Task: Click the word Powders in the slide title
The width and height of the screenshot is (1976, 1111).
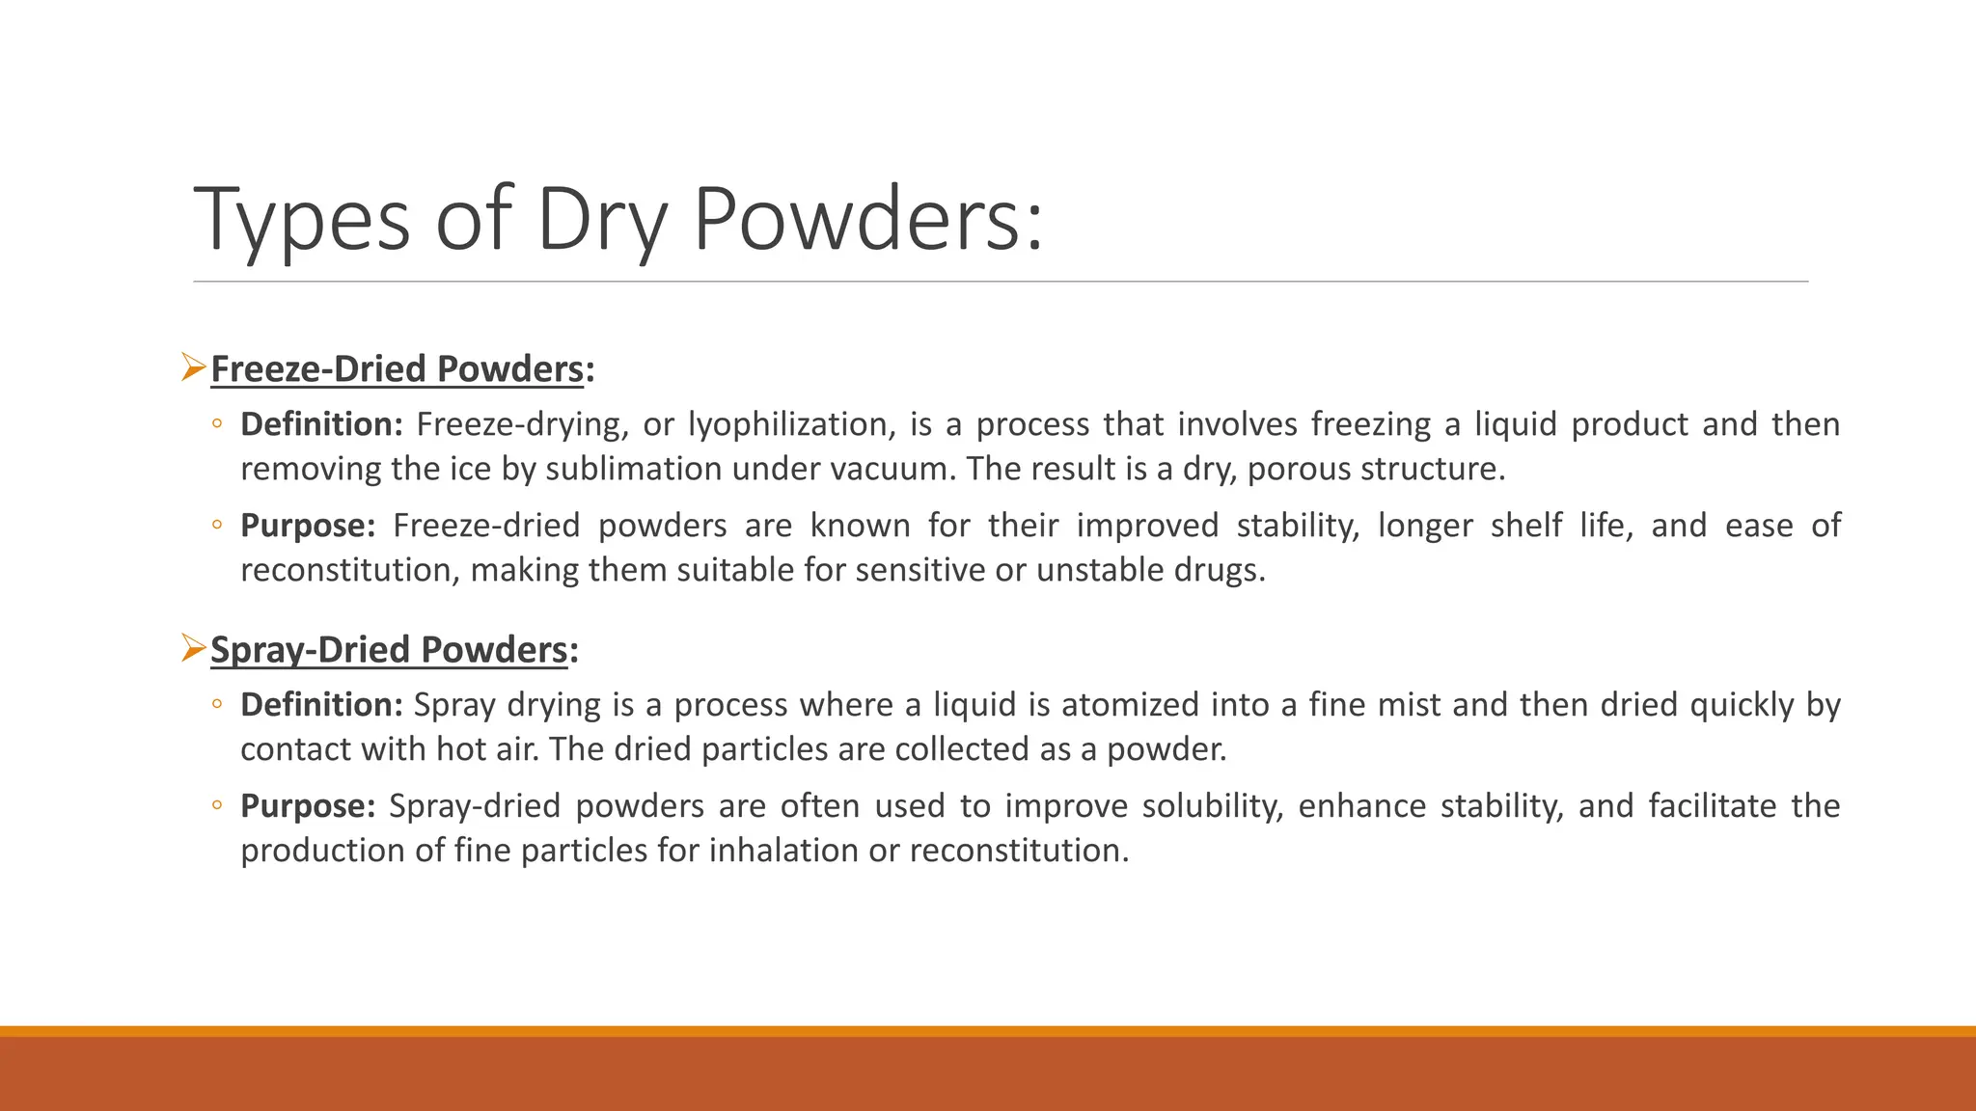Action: pyautogui.click(x=867, y=219)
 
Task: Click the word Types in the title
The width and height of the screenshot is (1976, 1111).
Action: pyautogui.click(x=302, y=219)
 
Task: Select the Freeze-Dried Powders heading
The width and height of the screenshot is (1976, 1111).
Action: pyautogui.click(x=397, y=369)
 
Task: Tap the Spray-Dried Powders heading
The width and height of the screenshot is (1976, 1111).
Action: pyautogui.click(x=389, y=650)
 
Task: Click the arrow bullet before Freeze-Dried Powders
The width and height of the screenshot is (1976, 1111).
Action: pyautogui.click(x=193, y=367)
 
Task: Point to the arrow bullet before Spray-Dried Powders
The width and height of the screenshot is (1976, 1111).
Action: pyautogui.click(x=193, y=648)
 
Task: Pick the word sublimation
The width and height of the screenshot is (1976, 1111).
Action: pyautogui.click(x=634, y=469)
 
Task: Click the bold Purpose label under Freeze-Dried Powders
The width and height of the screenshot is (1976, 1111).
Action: pyautogui.click(x=307, y=526)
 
